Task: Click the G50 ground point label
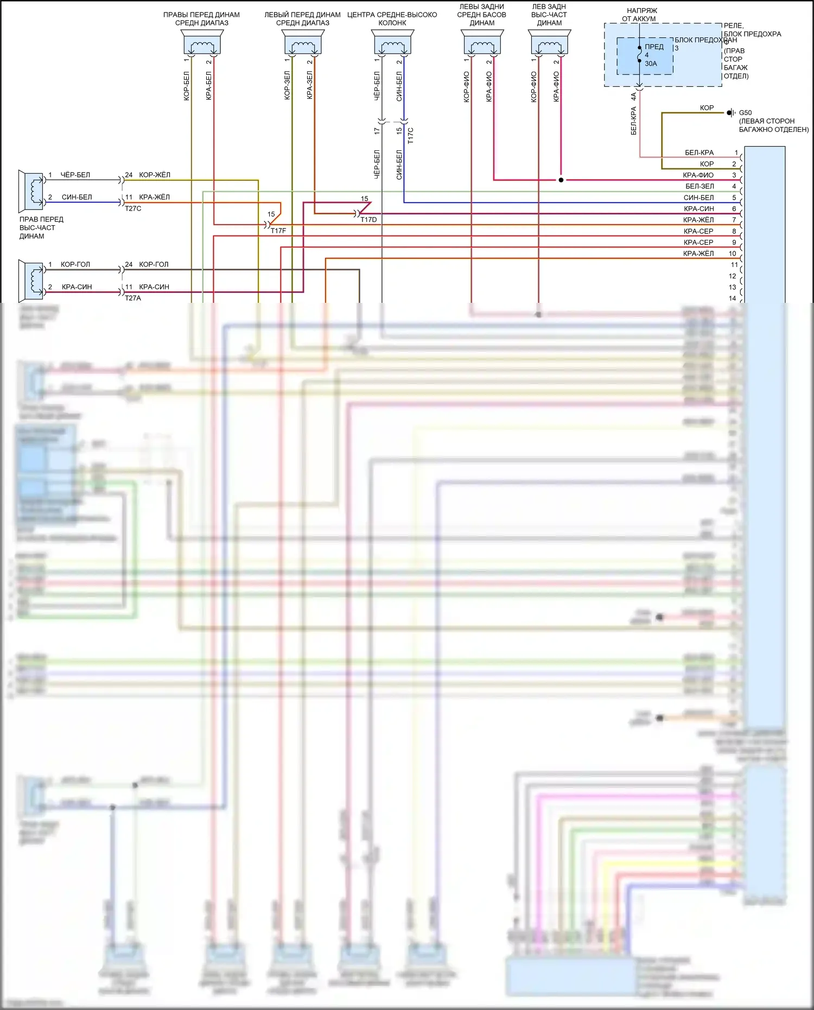pos(745,113)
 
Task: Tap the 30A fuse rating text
pos(651,63)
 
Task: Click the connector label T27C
pos(133,208)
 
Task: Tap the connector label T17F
pos(278,231)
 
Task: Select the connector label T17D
pos(368,219)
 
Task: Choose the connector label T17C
pos(410,135)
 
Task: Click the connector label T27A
pos(133,298)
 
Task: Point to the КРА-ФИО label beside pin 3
pos(698,175)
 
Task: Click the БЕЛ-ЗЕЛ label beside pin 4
pos(699,186)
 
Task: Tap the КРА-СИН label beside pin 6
pos(698,209)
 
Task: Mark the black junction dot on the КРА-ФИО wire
pos(561,180)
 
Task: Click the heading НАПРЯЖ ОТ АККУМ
pos(641,15)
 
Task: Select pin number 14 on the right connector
pos(732,298)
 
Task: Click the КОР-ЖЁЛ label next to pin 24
pos(155,175)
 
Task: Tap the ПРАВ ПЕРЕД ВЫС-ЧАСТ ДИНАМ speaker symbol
pos(32,191)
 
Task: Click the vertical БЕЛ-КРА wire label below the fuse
pos(633,120)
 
